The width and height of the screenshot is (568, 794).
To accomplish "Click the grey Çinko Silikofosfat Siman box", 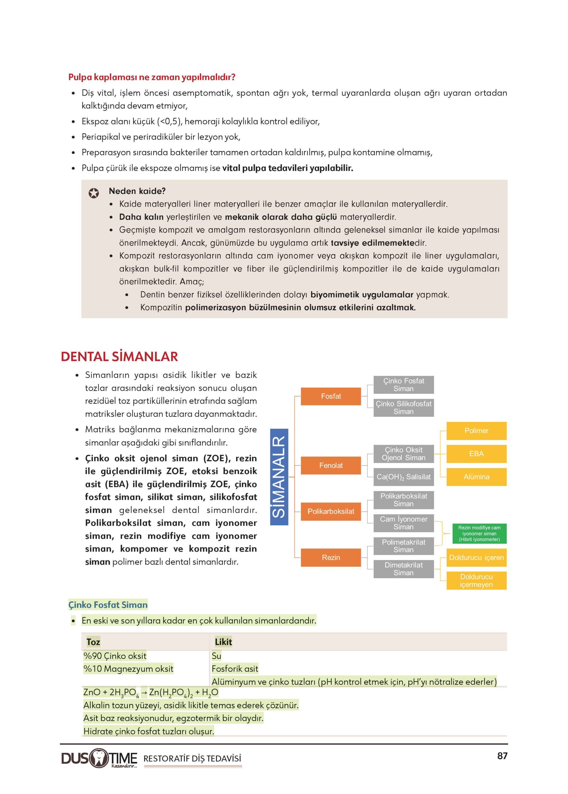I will pos(403,408).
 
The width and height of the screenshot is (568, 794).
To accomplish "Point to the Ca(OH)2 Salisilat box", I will pos(403,477).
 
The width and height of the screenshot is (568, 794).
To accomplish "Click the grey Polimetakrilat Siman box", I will pos(403,546).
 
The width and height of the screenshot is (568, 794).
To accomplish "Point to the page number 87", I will pos(502,756).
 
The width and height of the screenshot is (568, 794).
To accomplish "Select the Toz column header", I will pos(93,642).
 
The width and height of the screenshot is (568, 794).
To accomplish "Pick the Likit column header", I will pos(223,642).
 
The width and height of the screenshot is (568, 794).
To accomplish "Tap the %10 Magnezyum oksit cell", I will pos(128,669).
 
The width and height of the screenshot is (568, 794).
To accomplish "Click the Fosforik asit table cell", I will pos(235,669).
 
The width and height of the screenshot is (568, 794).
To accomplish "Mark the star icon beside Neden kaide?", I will pos(93,193).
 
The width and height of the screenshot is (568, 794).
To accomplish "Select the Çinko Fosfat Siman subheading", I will pos(108,605).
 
